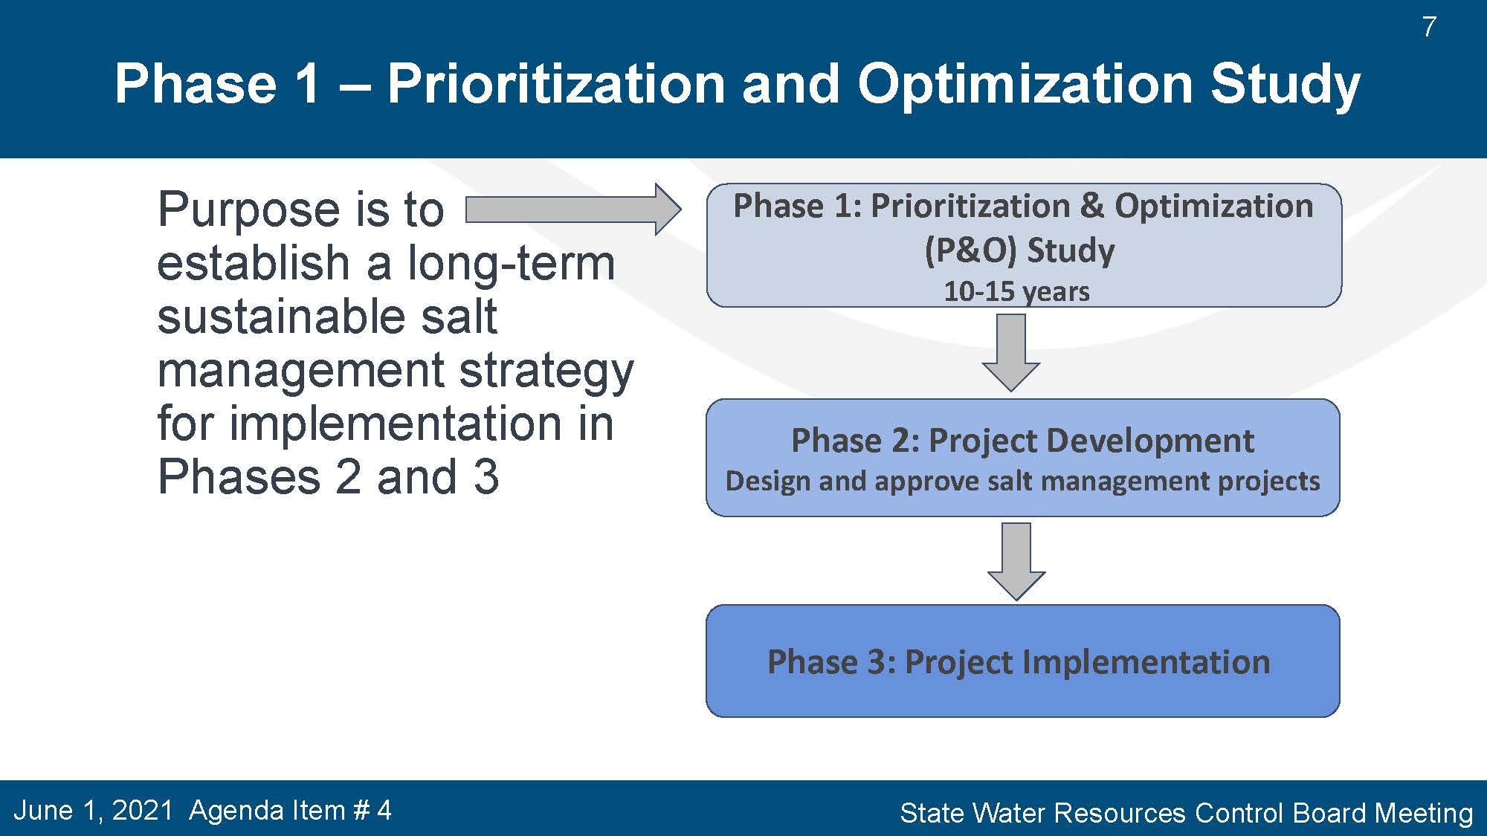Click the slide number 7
click(x=1429, y=27)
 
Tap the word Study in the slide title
click(x=1286, y=85)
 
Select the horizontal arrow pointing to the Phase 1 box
click(x=573, y=210)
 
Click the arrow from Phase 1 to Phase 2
click(x=1010, y=352)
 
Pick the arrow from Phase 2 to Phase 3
click(x=1016, y=561)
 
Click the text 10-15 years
click(x=1016, y=291)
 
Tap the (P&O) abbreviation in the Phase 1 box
click(x=970, y=250)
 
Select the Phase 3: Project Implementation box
click(x=1023, y=661)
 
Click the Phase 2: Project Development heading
click(x=1022, y=441)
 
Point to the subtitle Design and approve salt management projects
click(x=1022, y=482)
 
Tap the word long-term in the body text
click(x=512, y=263)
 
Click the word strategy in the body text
click(x=546, y=372)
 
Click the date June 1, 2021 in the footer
click(x=93, y=811)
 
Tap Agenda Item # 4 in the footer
click(x=290, y=810)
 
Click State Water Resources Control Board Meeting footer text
click(x=1187, y=813)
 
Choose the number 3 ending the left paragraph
click(x=486, y=477)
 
